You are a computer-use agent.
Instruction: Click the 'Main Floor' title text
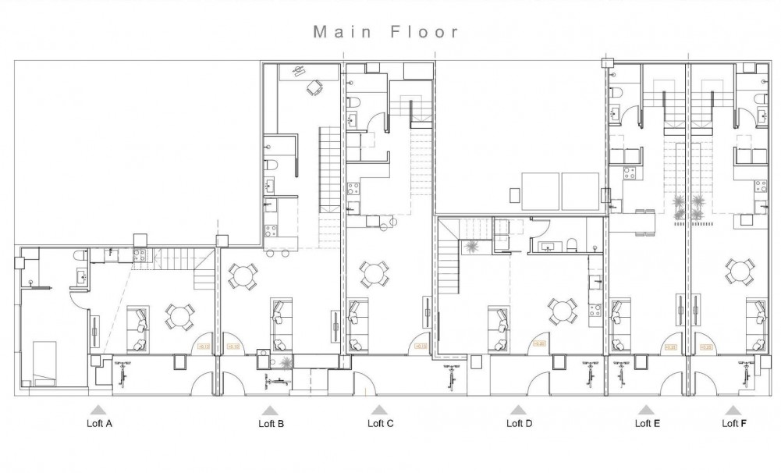pyautogui.click(x=386, y=32)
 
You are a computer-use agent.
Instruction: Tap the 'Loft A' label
pyautogui.click(x=98, y=424)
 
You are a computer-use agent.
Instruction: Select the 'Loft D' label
pyautogui.click(x=519, y=424)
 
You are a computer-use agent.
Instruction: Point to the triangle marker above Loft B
pyautogui.click(x=269, y=410)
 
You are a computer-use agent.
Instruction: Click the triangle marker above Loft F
pyautogui.click(x=733, y=410)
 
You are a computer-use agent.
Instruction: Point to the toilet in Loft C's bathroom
pyautogui.click(x=353, y=104)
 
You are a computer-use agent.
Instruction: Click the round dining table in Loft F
pyautogui.click(x=738, y=272)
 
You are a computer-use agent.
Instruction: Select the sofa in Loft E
pyautogui.click(x=622, y=324)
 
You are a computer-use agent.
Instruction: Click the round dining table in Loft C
pyautogui.click(x=374, y=274)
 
